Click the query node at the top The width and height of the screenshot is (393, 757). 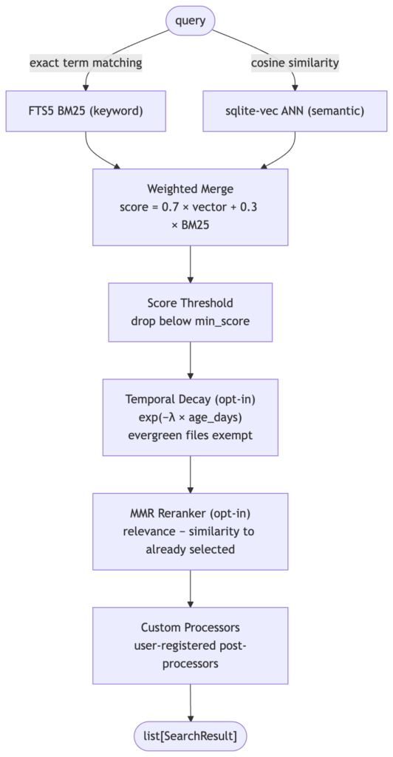[190, 20]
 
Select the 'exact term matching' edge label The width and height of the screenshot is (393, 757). [86, 62]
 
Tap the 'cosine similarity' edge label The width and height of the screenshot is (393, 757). [295, 62]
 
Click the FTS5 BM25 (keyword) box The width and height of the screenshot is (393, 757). [86, 111]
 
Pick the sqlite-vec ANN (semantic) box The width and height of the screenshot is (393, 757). [295, 111]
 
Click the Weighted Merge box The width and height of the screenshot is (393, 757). [191, 207]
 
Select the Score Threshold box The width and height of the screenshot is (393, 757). [191, 313]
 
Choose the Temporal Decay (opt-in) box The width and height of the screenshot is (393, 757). [191, 417]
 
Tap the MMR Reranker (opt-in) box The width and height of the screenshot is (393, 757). [191, 532]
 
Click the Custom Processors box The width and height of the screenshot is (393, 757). [191, 645]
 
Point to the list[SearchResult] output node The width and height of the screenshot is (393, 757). [190, 736]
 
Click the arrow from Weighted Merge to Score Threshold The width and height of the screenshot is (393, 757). [191, 264]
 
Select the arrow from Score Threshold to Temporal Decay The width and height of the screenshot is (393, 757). [191, 360]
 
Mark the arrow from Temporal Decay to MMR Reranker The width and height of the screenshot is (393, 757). [191, 475]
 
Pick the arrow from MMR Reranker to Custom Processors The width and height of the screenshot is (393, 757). [191, 588]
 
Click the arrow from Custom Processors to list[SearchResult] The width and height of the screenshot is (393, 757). [191, 703]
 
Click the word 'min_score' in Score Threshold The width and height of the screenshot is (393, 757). [226, 322]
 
